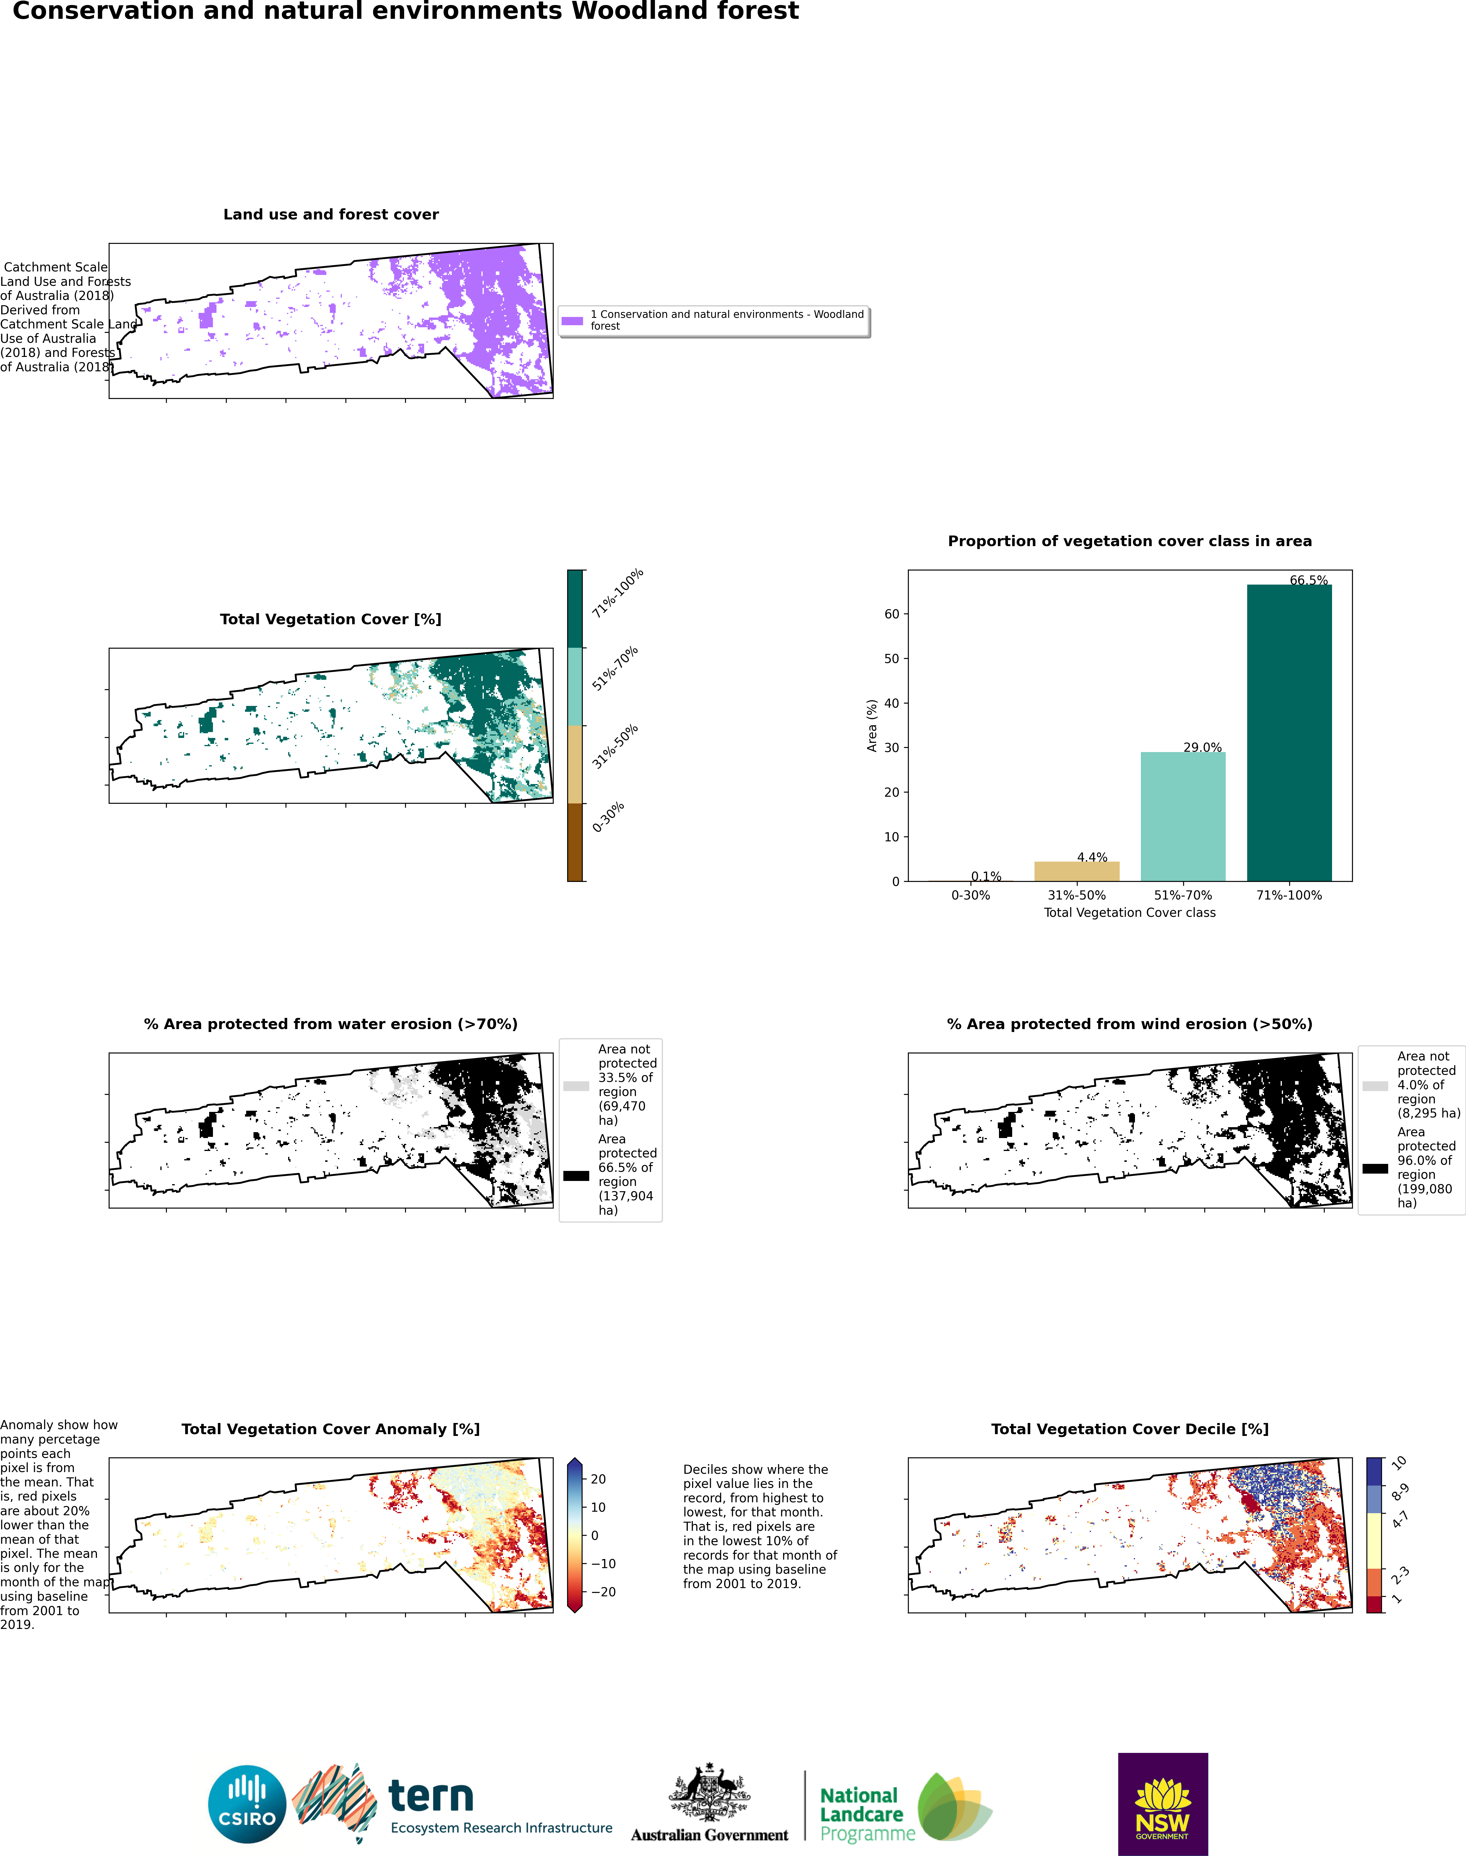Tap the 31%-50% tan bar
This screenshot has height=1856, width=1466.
pos(1076,871)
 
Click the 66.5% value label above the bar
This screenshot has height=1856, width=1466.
pos(1308,580)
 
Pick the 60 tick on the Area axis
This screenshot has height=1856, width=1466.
pos(892,614)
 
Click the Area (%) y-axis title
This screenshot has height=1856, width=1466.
pos(872,725)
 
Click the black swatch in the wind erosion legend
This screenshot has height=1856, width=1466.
pos(1374,1168)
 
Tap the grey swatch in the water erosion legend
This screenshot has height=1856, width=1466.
pos(576,1086)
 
